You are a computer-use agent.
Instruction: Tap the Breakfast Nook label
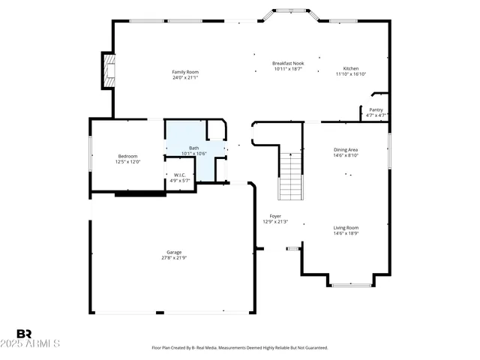click(288, 63)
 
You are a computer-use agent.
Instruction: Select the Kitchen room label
click(351, 68)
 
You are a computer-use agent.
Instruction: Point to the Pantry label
click(376, 109)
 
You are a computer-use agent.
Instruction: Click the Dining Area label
click(346, 150)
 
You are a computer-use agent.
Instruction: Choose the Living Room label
click(346, 228)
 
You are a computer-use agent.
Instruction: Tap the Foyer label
click(275, 216)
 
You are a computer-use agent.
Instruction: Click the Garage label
click(174, 252)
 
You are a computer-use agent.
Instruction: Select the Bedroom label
click(127, 156)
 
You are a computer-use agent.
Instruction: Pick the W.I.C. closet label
click(181, 175)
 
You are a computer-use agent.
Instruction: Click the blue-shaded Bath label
click(193, 148)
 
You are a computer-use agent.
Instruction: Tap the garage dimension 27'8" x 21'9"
click(174, 258)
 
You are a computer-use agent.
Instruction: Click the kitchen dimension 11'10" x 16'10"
click(351, 74)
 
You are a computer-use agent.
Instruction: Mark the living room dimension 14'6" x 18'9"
click(346, 234)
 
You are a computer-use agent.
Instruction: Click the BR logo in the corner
click(24, 333)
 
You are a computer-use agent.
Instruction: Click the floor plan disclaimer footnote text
click(240, 348)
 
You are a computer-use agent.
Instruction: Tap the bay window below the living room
click(352, 284)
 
